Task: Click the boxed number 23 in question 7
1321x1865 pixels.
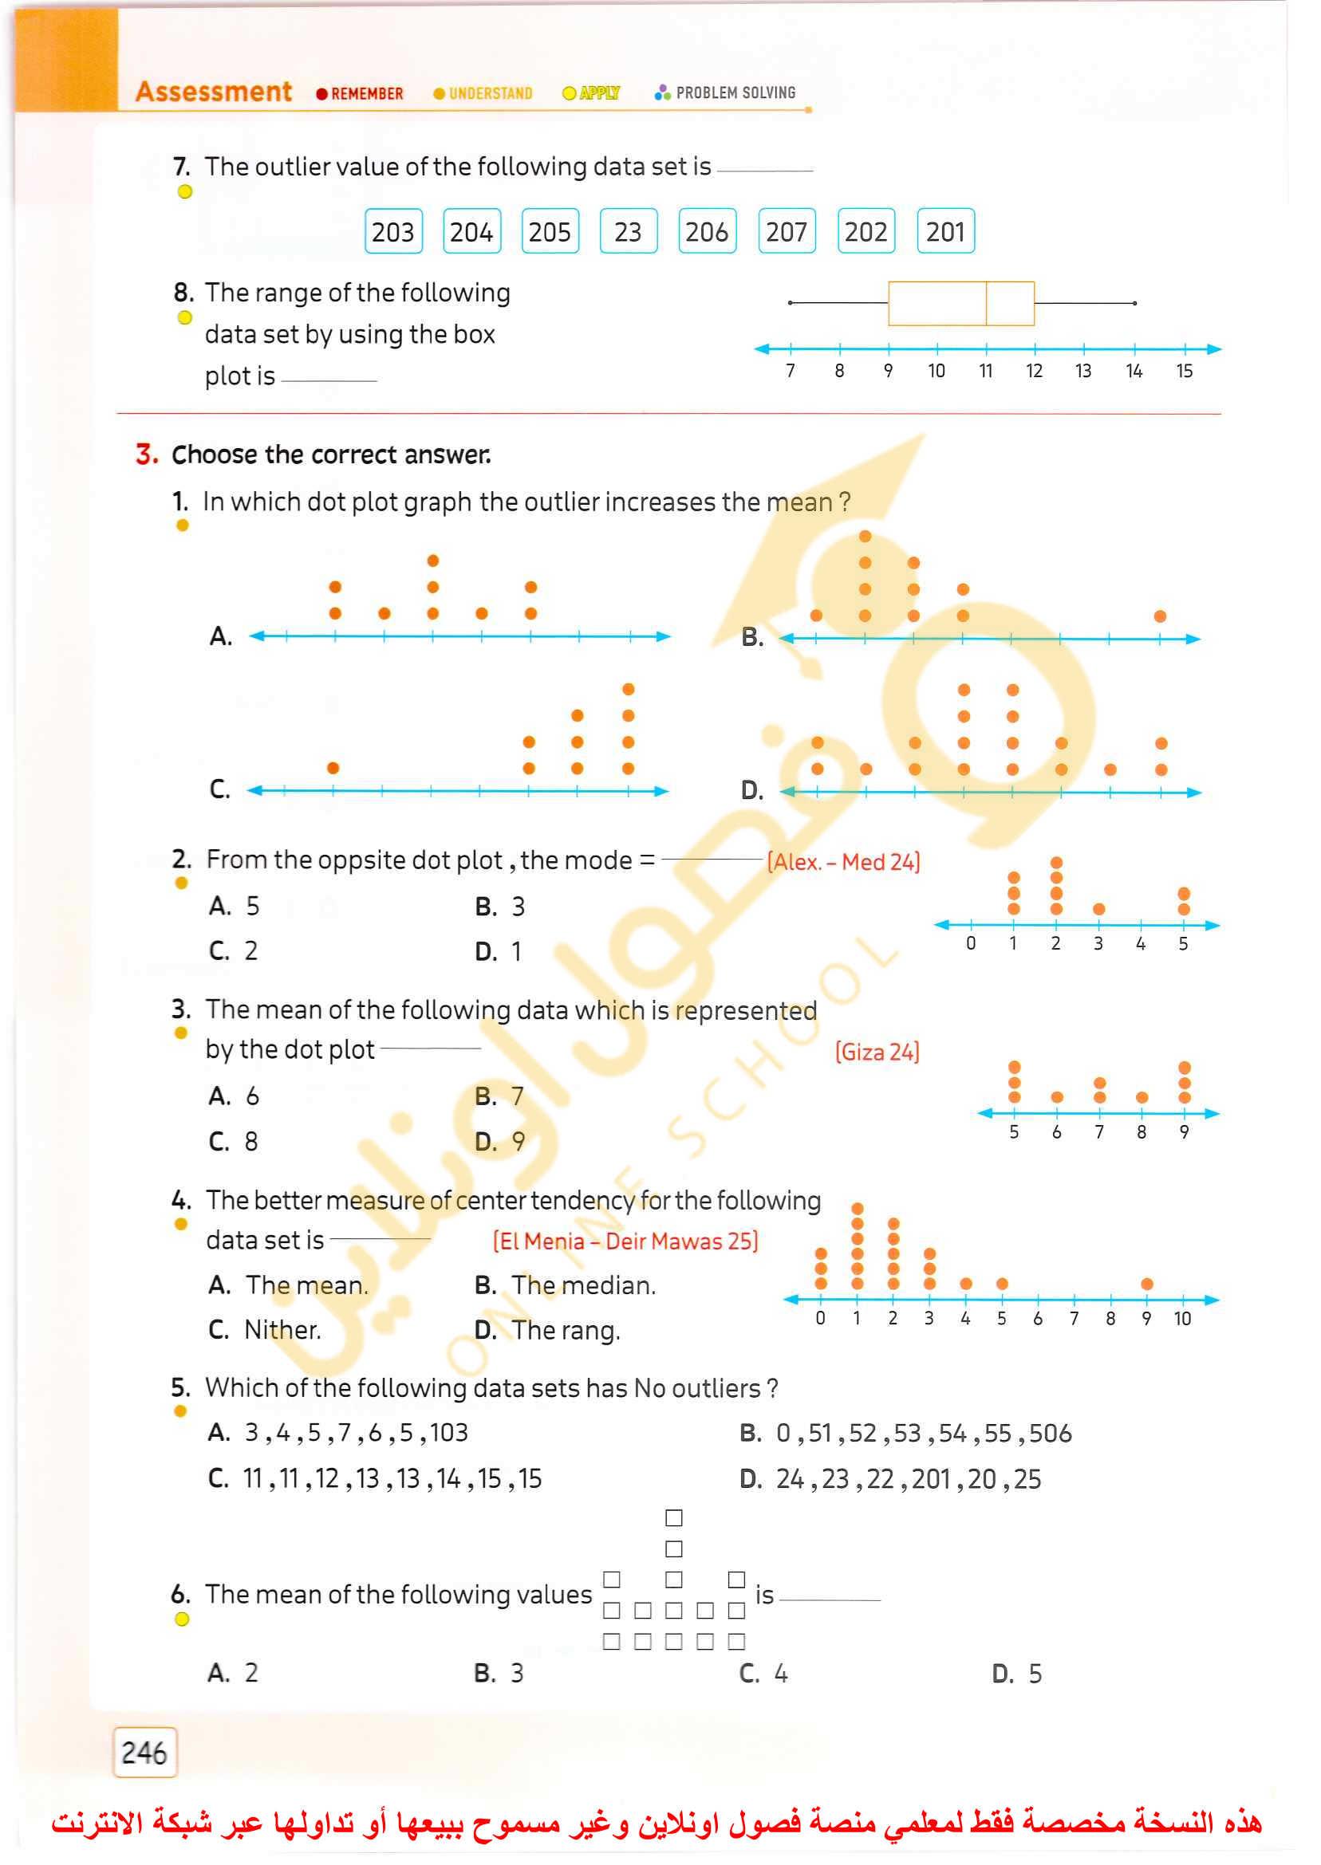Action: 627,232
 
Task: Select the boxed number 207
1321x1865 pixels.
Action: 786,232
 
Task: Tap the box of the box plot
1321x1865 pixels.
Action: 960,303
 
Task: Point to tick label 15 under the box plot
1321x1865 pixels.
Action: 1184,372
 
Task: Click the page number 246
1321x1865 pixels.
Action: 144,1752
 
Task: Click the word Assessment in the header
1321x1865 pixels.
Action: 213,91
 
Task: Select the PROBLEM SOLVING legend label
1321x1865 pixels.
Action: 735,92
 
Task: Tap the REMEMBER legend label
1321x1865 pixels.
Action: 367,93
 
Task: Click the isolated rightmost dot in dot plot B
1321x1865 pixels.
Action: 1160,616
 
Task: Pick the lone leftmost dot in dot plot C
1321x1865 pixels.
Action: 333,768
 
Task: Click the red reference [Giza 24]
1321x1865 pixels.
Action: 876,1052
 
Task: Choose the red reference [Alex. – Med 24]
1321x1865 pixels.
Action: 843,862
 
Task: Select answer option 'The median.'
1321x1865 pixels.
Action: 582,1285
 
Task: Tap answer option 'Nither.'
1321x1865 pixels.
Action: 282,1330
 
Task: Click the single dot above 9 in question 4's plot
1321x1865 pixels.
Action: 1147,1284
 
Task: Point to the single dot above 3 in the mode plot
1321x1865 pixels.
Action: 1099,909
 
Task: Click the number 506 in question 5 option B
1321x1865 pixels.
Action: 1050,1434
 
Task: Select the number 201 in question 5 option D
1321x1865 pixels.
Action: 931,1479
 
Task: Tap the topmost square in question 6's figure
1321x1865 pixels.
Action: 673,1518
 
